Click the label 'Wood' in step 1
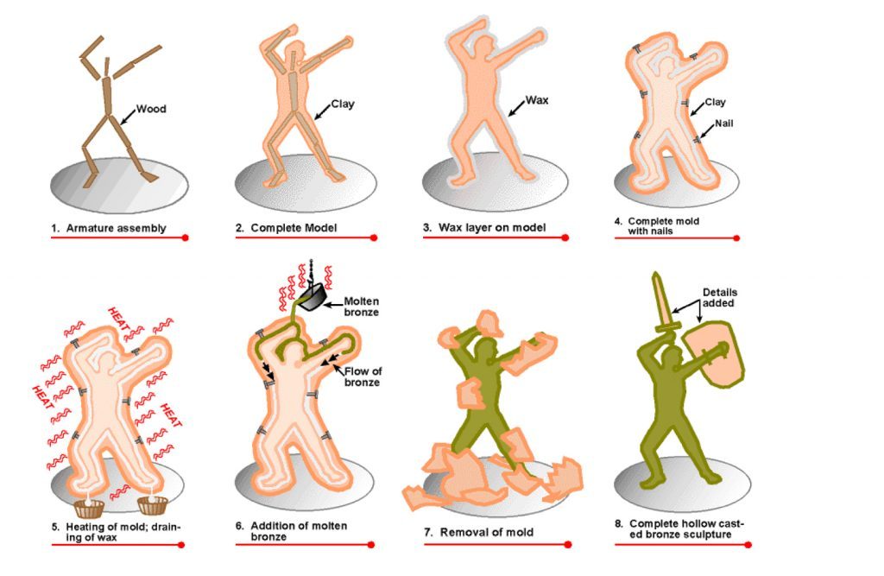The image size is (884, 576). (x=152, y=110)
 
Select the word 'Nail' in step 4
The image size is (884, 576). (x=723, y=123)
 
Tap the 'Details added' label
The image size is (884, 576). (x=720, y=298)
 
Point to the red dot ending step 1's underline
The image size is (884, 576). (x=185, y=237)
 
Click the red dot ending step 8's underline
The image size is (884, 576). (x=748, y=545)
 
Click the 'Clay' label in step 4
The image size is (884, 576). (x=715, y=102)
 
